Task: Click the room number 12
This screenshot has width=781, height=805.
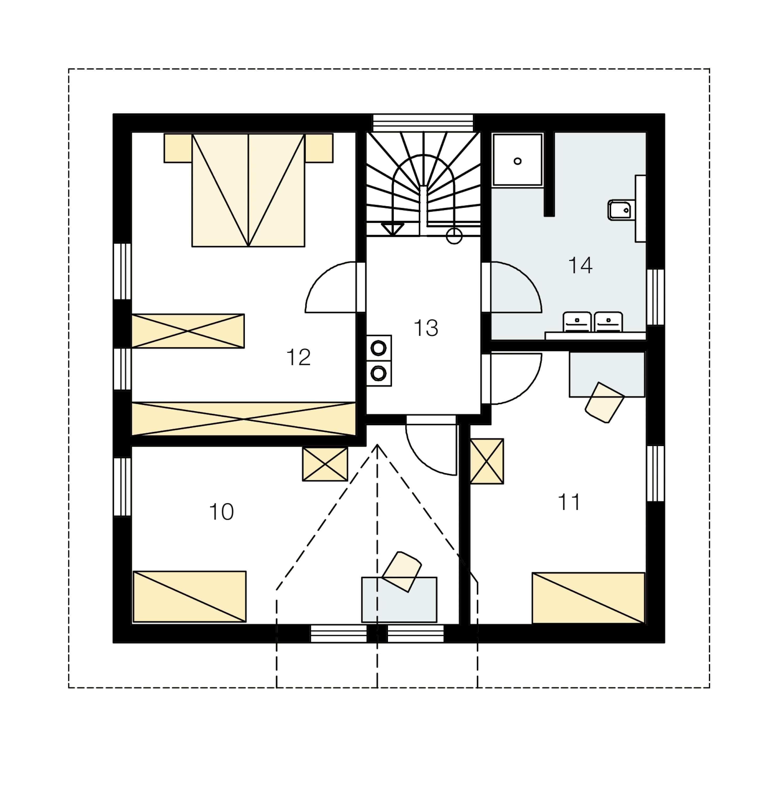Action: (298, 357)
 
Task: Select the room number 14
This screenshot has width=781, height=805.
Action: (580, 265)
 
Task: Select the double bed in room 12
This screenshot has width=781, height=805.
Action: (248, 190)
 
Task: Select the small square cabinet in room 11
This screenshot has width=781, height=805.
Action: (487, 461)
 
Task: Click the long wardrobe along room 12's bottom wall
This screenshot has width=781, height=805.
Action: (244, 419)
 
